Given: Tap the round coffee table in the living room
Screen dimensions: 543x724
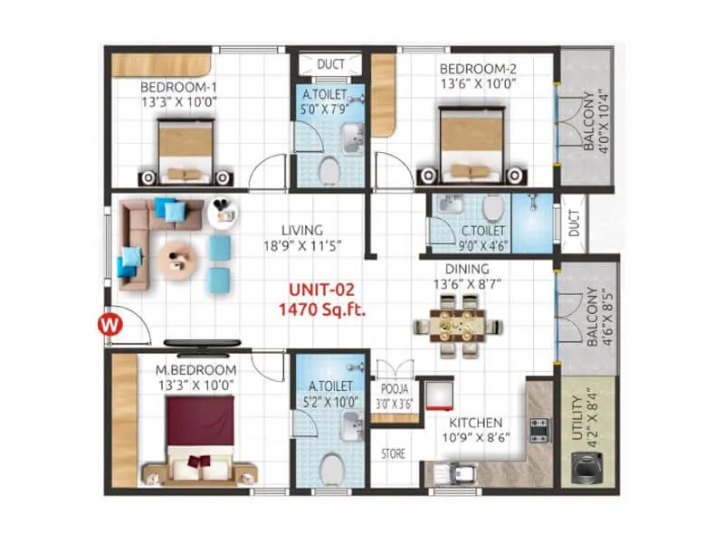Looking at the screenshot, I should (x=176, y=261).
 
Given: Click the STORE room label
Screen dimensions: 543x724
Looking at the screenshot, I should (x=393, y=453).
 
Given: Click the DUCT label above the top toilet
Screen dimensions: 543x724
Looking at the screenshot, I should (x=329, y=64).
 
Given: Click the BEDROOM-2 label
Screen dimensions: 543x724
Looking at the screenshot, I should (x=478, y=69).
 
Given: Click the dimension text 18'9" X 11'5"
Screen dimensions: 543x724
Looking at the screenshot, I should (x=298, y=245).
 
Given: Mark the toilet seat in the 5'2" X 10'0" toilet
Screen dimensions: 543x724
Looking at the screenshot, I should (x=332, y=470).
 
